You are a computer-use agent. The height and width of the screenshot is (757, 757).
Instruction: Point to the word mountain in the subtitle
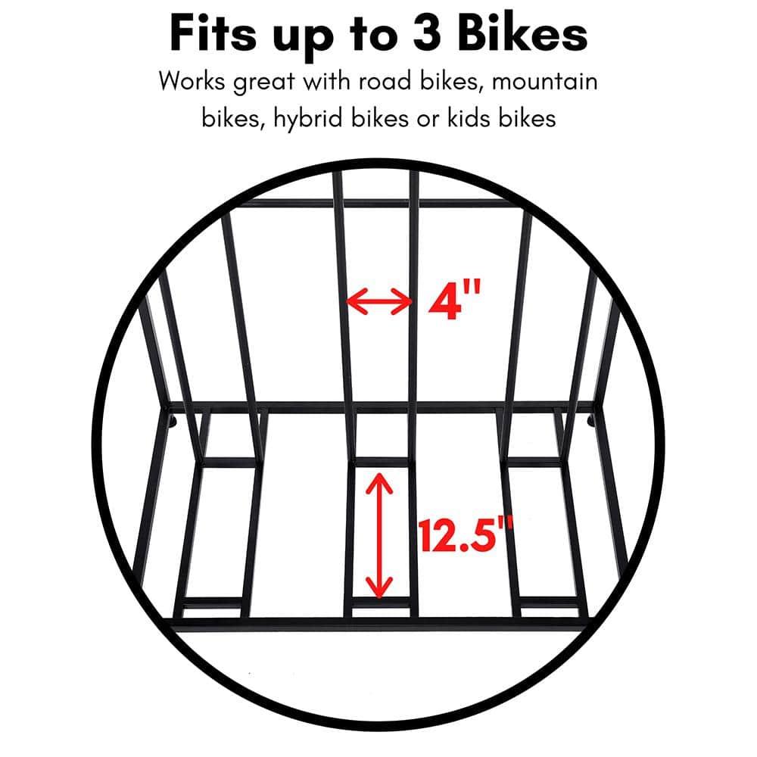click(x=544, y=81)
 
